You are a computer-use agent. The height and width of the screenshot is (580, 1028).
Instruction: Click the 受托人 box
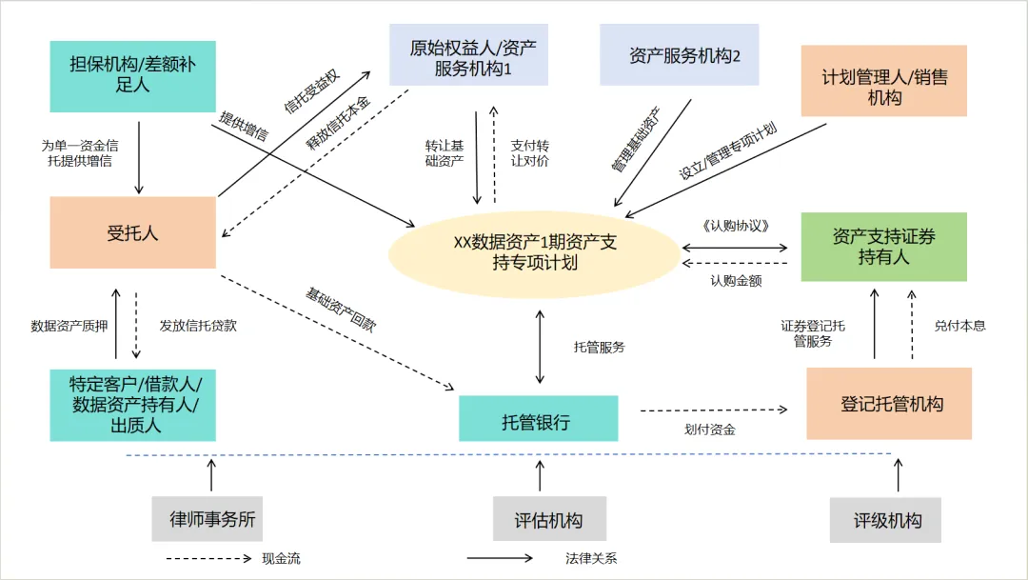pyautogui.click(x=132, y=232)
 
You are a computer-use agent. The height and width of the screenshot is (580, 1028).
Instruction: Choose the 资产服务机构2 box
pyautogui.click(x=679, y=55)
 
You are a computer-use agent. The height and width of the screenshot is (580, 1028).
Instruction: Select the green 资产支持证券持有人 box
pyautogui.click(x=883, y=247)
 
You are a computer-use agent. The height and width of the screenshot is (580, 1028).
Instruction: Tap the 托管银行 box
pyautogui.click(x=538, y=420)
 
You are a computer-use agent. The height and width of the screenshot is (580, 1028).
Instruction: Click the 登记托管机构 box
pyautogui.click(x=889, y=404)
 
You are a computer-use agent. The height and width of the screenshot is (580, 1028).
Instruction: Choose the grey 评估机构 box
pyautogui.click(x=548, y=520)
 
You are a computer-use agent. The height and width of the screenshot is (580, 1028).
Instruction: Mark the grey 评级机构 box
pyautogui.click(x=885, y=520)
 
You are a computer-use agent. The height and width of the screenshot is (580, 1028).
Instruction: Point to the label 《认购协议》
pyautogui.click(x=734, y=226)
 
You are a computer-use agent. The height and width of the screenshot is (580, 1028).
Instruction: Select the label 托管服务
pyautogui.click(x=600, y=348)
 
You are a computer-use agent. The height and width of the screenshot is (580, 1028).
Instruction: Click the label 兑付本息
pyautogui.click(x=960, y=326)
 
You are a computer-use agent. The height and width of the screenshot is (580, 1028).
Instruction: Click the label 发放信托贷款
pyautogui.click(x=198, y=326)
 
